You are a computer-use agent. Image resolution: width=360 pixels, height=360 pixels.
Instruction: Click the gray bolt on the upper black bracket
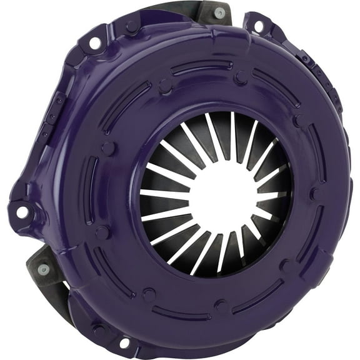(219, 12)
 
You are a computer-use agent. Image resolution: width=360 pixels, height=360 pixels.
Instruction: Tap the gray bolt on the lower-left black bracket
(42, 269)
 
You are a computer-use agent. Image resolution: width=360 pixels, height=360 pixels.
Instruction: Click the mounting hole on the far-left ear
(21, 212)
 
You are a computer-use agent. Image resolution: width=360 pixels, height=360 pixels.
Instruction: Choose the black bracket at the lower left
(47, 275)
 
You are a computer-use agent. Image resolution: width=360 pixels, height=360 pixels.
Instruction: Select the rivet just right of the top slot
(241, 78)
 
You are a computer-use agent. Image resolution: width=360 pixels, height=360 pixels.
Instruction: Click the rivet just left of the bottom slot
(148, 294)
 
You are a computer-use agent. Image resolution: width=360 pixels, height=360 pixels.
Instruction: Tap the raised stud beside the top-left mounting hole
(132, 27)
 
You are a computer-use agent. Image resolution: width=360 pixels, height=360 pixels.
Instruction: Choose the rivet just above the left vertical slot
(108, 148)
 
